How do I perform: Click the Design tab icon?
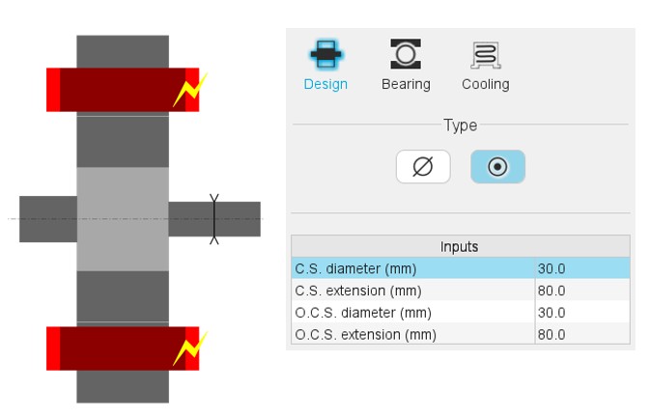(x=325, y=54)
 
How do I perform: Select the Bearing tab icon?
(x=406, y=54)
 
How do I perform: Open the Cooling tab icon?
(x=485, y=54)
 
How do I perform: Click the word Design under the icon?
(x=325, y=84)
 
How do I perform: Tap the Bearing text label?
(x=406, y=84)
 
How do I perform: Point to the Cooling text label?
(x=485, y=84)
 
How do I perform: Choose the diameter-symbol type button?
(x=423, y=166)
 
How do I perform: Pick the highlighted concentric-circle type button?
(x=497, y=166)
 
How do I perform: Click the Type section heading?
(x=460, y=125)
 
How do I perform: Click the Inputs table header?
(x=460, y=246)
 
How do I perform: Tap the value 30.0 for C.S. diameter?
(x=551, y=268)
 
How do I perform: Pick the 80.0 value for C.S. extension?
(x=551, y=291)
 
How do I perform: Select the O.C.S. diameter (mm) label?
(x=363, y=313)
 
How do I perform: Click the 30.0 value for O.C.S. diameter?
(x=551, y=313)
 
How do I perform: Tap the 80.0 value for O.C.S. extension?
(x=551, y=335)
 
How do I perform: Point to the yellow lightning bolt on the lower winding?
(x=189, y=347)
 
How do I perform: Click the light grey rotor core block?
(x=123, y=219)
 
